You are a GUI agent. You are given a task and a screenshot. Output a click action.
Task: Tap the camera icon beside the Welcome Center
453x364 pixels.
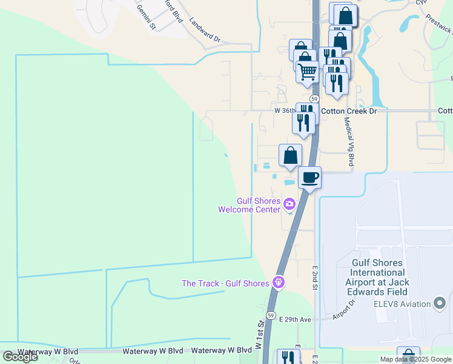coord(289,203)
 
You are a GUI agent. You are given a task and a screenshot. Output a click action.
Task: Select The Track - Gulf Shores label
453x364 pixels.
coord(226,283)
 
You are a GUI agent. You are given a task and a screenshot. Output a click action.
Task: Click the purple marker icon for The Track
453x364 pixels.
coord(278,281)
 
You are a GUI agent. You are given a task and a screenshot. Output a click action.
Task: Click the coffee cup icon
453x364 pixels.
coord(309,178)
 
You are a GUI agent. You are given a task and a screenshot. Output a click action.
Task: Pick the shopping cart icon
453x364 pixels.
coord(307,72)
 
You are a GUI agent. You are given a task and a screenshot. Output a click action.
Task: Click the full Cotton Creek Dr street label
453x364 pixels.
coord(348,111)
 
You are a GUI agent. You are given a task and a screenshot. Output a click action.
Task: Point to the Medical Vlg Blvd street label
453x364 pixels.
coord(349,141)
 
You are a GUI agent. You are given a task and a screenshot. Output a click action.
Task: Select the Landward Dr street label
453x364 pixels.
coord(205,30)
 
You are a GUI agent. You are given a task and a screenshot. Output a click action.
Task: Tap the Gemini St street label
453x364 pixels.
coord(147,18)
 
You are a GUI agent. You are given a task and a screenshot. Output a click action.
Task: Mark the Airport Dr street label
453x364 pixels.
coord(345,309)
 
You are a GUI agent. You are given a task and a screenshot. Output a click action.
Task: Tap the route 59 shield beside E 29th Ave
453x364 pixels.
coord(271,316)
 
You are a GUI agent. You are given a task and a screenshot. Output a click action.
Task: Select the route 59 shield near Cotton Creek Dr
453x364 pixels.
coord(314,98)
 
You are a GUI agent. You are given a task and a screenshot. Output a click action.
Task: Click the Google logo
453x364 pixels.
coord(20,357)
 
